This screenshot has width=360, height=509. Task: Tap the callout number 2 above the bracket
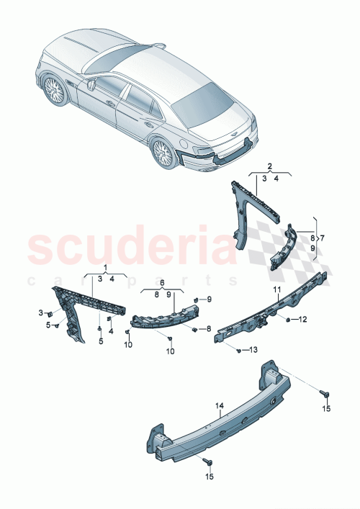(270, 165)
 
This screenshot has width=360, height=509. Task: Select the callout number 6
(162, 283)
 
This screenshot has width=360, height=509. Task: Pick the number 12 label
(303, 319)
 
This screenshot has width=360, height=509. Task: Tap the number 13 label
(252, 351)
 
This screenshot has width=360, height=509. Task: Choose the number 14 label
(221, 406)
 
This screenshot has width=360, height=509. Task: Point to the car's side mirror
(93, 84)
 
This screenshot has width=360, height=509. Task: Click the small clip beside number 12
(288, 318)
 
